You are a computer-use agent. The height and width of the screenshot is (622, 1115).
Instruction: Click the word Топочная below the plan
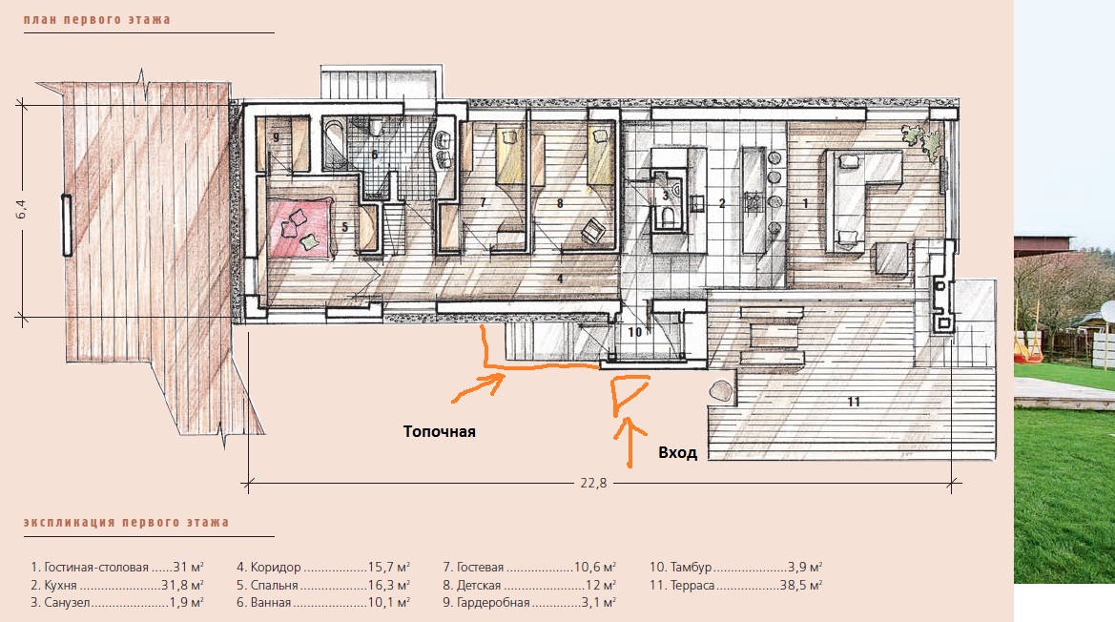point(440,431)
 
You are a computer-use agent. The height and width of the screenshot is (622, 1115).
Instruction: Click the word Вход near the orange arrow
point(677,453)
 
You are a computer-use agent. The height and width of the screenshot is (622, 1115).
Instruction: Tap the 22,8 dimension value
point(594,484)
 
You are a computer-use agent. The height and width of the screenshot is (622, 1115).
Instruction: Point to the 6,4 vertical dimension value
point(21,209)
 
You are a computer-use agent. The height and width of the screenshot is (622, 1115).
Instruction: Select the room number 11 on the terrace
point(854,402)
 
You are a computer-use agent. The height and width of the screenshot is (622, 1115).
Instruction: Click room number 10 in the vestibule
point(635,332)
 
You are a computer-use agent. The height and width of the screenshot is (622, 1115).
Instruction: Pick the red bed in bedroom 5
point(299,227)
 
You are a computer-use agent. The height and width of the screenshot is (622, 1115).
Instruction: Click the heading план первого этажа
point(96,20)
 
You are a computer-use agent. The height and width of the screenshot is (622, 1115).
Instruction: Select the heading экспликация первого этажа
point(127,523)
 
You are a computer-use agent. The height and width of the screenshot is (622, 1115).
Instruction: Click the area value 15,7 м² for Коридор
point(389,568)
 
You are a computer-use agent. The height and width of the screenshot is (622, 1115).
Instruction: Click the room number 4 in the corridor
point(560,279)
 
